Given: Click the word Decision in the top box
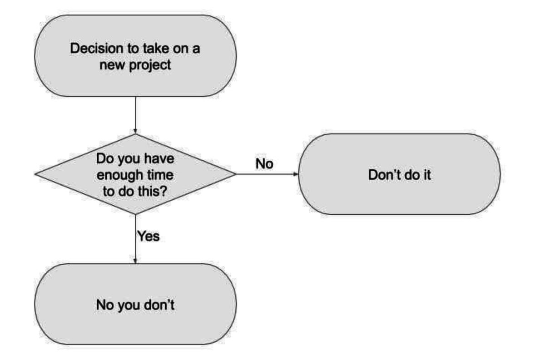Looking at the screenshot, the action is pos(97,49).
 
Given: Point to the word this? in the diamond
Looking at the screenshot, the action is pos(152,192).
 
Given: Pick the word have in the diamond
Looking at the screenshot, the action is pos(159,159).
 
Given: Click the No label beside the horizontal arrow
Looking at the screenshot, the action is pos(264,164).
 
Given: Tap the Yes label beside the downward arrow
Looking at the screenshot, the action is pos(149,236).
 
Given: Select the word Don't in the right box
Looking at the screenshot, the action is pos(385,175).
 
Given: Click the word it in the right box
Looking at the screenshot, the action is pos(426,175).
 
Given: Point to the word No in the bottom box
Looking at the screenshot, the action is pos(105,305).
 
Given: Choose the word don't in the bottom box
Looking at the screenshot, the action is pos(159,305).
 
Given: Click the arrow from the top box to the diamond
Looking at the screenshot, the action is pos(135,115).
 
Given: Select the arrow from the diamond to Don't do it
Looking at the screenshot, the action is pos(267,174).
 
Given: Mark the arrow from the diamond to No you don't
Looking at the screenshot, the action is pos(135,239).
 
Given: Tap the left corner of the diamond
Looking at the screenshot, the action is pos(35,174).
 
